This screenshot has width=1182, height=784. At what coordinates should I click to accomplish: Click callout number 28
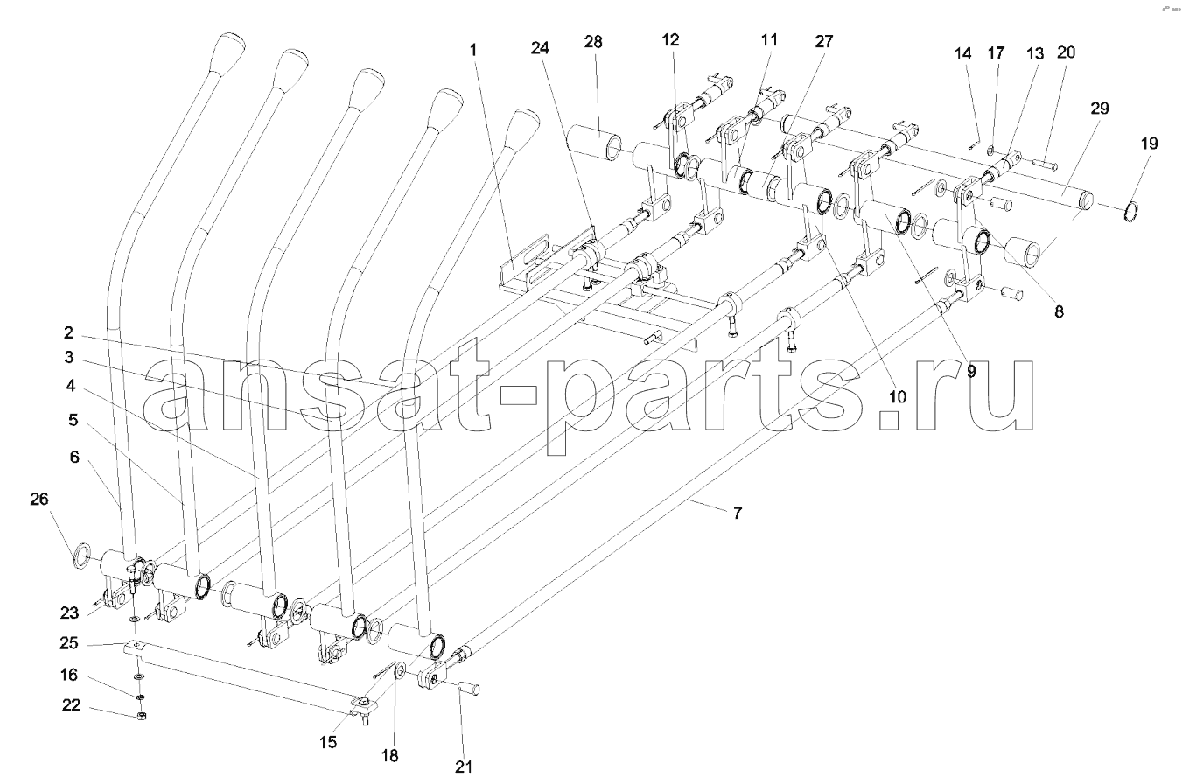(x=593, y=42)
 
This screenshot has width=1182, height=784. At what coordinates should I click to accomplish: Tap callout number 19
(x=1150, y=143)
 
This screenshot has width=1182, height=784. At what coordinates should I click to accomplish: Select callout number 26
(x=39, y=499)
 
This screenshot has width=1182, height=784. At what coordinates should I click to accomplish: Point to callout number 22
(x=71, y=705)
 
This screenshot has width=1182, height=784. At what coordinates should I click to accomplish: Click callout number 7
(x=738, y=513)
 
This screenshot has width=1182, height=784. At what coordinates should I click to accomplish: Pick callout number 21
(x=464, y=766)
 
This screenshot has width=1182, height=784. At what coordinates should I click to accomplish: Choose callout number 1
(x=473, y=50)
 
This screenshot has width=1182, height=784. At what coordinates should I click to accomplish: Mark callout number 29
(x=1100, y=108)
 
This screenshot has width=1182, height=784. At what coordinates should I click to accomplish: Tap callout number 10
(x=897, y=396)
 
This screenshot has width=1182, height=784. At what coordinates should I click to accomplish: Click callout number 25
(x=69, y=643)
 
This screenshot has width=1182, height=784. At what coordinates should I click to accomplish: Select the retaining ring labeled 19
(x=1131, y=212)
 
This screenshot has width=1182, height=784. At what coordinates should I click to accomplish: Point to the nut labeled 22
(x=141, y=716)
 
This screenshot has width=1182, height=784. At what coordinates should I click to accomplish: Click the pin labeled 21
(x=467, y=689)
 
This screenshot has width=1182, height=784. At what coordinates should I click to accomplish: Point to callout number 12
(x=671, y=40)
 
